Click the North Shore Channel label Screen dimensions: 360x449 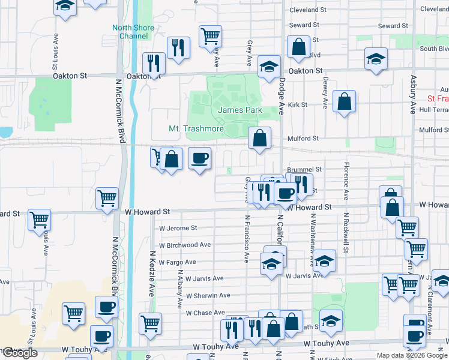click(x=133, y=32)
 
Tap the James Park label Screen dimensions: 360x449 click(x=240, y=110)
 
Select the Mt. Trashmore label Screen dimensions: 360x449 click(x=196, y=129)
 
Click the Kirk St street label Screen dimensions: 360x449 click(x=297, y=104)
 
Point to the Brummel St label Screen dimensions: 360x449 click(x=305, y=170)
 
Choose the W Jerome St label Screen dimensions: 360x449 click(x=178, y=228)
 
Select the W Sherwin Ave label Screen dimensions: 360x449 click(x=208, y=295)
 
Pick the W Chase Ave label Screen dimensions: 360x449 click(x=205, y=313)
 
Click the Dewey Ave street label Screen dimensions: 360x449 click(x=325, y=95)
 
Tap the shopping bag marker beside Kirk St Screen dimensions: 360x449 click(x=345, y=101)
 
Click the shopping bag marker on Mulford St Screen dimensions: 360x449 click(x=259, y=138)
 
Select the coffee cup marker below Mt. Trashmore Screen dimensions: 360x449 click(x=200, y=158)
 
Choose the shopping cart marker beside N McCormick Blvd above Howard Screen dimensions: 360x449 click(x=107, y=197)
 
